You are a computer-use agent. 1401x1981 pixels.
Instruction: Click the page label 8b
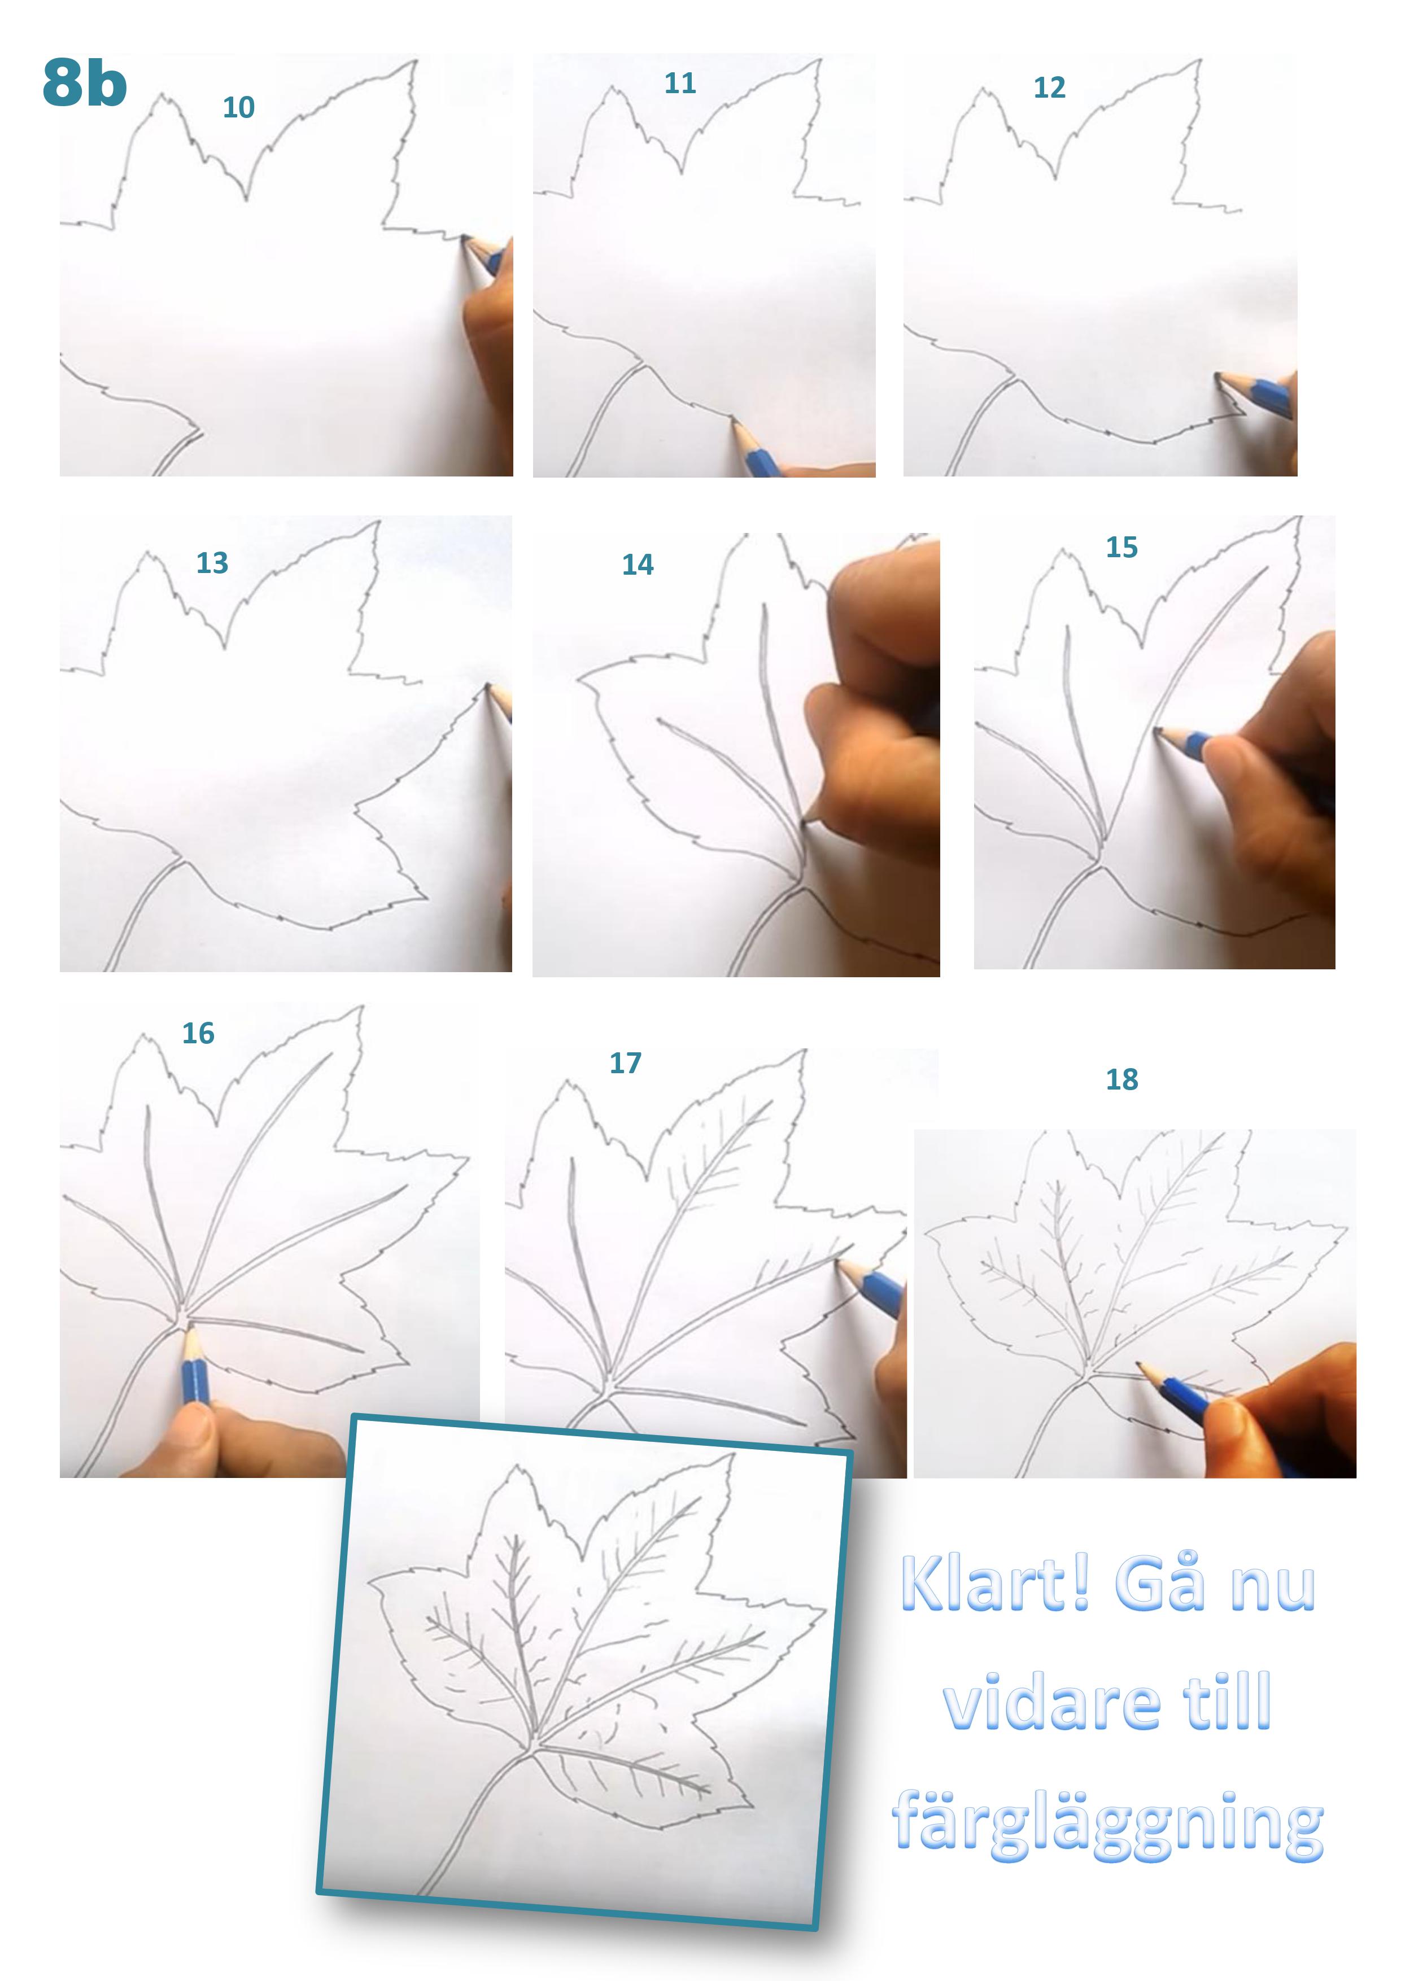(x=85, y=83)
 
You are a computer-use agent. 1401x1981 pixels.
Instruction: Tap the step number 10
(x=238, y=108)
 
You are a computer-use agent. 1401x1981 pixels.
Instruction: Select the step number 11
(x=680, y=83)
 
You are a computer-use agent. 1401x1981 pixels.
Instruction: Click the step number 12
(x=1050, y=87)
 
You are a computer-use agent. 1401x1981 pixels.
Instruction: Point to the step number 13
(x=212, y=562)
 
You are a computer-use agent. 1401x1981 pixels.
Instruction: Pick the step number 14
(x=638, y=565)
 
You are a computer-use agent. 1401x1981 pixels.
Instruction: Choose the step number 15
(x=1122, y=547)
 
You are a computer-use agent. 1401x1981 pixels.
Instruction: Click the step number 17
(x=626, y=1063)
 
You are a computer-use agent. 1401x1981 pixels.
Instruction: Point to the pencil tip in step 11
(x=734, y=420)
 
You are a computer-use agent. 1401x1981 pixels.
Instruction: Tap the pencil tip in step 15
(x=1156, y=730)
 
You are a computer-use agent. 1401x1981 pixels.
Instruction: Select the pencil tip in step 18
(x=1138, y=1364)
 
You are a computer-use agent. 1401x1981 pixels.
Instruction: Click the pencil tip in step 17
(x=837, y=1261)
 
